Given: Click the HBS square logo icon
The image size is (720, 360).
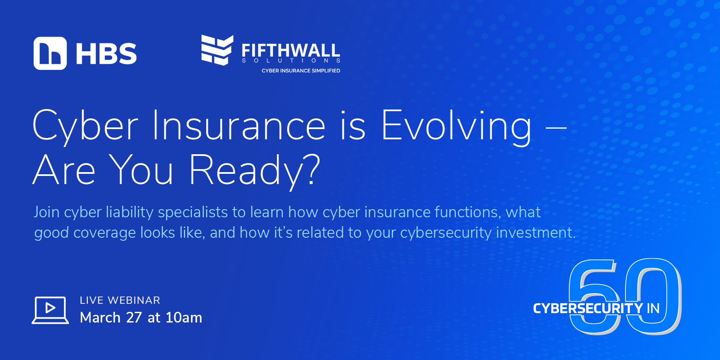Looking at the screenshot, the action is coord(50,53).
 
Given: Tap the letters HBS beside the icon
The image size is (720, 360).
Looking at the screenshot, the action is coord(107,54).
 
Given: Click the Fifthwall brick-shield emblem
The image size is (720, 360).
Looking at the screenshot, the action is coord(217,50).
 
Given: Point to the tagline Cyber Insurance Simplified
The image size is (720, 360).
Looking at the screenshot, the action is coord(301,71).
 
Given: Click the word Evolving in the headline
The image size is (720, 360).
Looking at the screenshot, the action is coord(456,127).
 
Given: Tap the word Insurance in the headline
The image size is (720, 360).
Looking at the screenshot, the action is coord(239,125).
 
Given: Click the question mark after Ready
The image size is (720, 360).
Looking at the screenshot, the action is coord(312,170).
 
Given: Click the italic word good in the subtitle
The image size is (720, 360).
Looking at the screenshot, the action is coord(52,233).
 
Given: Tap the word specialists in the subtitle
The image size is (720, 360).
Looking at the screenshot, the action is coord(193,213).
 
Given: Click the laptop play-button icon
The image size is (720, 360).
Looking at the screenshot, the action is coord(50,310).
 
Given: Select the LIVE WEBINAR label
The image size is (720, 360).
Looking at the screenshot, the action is coord(120,300).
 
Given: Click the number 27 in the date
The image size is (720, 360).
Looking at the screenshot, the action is coord(134,317).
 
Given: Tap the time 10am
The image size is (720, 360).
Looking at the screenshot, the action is coord(184,317).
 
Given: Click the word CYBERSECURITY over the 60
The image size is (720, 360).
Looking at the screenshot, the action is coord(588,308).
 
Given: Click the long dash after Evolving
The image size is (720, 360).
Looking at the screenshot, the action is coord(556,127).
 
